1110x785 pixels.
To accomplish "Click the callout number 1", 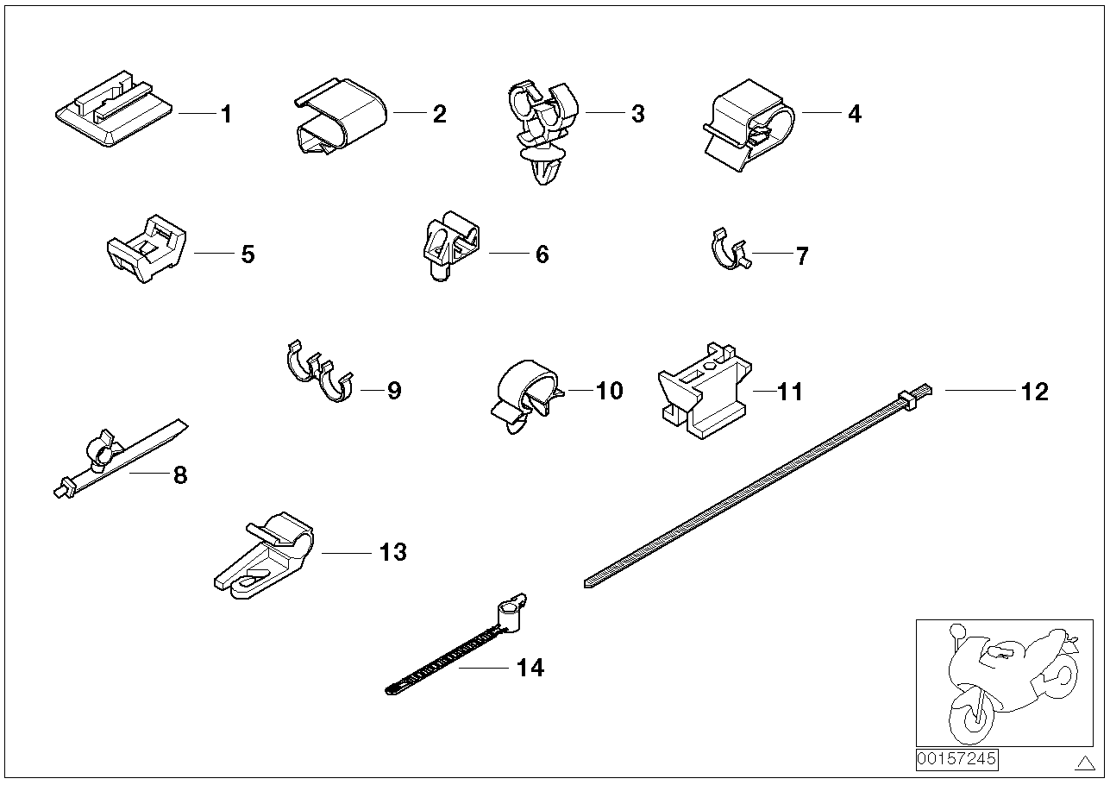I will coord(226,114).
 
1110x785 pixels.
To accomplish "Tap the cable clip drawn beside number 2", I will coord(339,118).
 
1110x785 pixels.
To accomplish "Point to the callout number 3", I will coord(637,114).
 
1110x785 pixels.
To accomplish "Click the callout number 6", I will coord(542,254).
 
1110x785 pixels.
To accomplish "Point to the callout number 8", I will coord(179,475).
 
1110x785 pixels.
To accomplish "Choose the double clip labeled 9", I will coord(319,376).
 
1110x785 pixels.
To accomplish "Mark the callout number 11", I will coord(790,392).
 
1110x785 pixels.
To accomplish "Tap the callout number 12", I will coord(1034,392).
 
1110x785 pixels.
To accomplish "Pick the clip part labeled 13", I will coord(264,556).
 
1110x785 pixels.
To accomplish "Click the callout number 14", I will coord(530,668).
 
